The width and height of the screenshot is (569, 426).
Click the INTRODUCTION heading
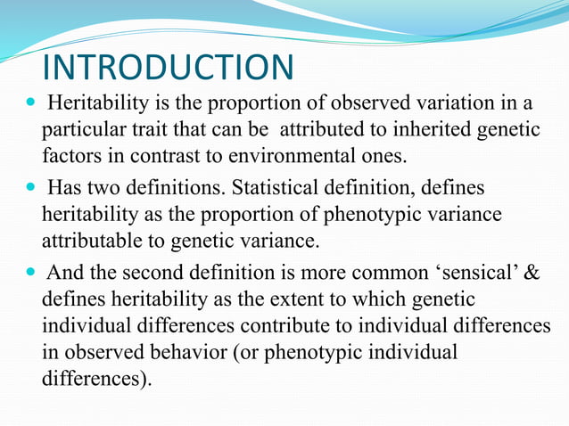(x=168, y=68)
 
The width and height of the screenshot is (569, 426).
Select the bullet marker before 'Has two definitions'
(x=22, y=189)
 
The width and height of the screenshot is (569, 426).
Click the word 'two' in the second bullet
(x=111, y=188)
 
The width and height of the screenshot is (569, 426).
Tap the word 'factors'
(x=70, y=158)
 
